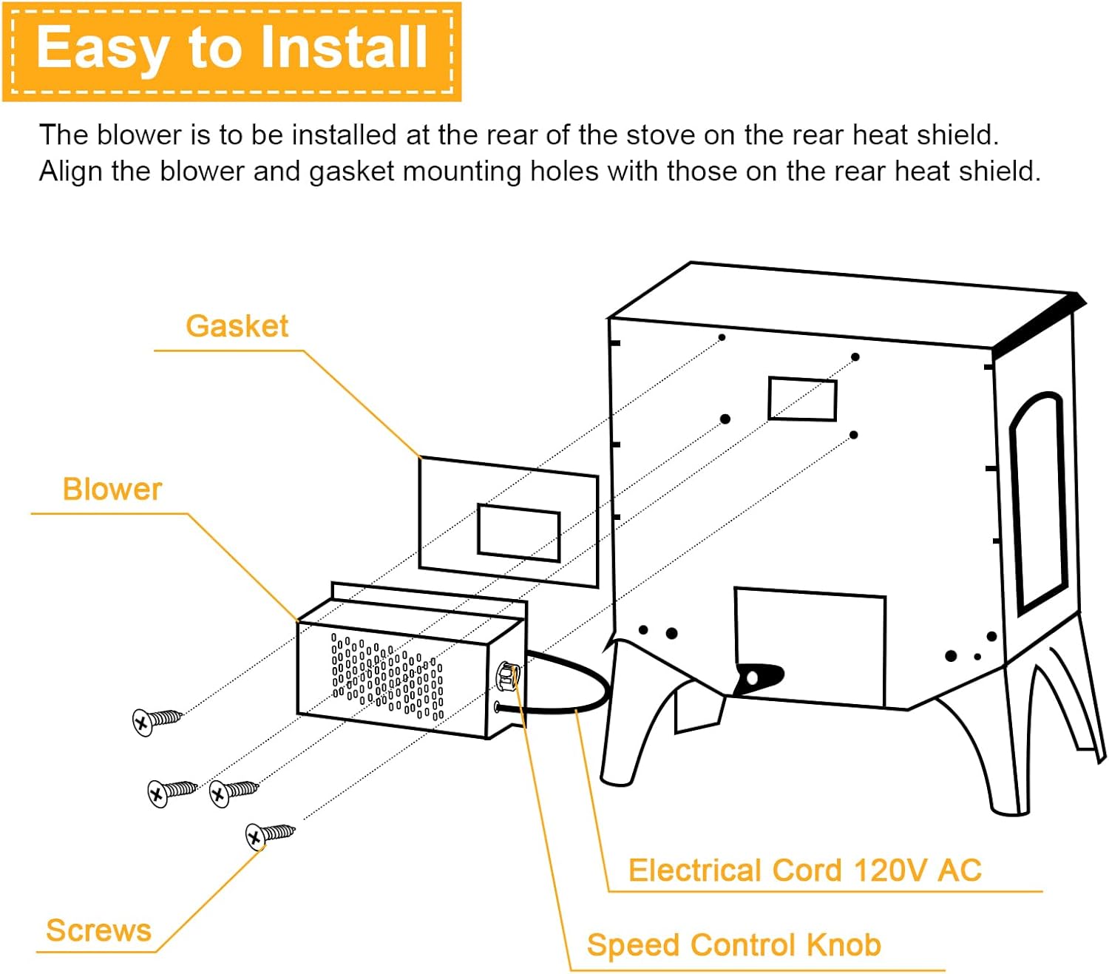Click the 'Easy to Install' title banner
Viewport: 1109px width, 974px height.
[231, 50]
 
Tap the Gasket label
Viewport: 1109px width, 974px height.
[237, 326]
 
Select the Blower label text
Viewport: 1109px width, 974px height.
[112, 490]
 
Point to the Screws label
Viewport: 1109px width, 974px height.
[98, 930]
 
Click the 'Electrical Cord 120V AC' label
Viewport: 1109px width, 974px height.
[804, 870]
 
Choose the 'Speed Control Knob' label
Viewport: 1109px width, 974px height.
[733, 945]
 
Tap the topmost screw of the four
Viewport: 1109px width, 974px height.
[156, 720]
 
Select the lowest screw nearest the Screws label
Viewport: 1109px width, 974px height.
[270, 835]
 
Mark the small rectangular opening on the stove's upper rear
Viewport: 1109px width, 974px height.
[802, 399]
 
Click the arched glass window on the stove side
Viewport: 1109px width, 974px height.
[1039, 503]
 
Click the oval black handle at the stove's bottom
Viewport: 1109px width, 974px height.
[758, 677]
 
